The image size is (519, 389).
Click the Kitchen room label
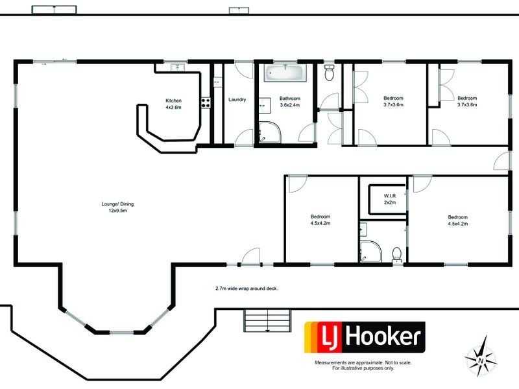[x=173, y=100]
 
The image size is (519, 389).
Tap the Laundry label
[x=237, y=99]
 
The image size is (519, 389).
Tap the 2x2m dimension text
[x=390, y=203]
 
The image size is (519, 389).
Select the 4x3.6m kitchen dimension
[x=173, y=107]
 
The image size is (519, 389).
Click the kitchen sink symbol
[x=176, y=67]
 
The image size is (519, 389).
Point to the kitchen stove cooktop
[x=204, y=102]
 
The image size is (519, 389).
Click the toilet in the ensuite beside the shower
[x=396, y=253]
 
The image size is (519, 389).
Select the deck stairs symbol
[x=266, y=320]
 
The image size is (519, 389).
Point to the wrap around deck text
[x=247, y=288]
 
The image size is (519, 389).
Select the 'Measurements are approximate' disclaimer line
[x=363, y=362]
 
